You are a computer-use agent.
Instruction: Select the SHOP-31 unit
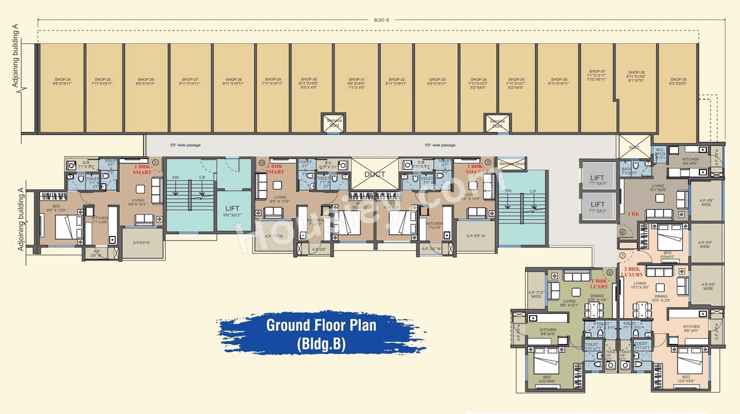pyautogui.click(x=356, y=81)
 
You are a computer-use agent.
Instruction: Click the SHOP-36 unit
pyautogui.click(x=558, y=81)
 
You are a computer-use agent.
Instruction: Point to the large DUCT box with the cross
pyautogui.click(x=374, y=173)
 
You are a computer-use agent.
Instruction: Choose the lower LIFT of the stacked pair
pyautogui.click(x=598, y=206)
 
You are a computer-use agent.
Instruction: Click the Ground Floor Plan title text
pyautogui.click(x=321, y=325)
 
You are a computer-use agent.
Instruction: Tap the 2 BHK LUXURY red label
pyautogui.click(x=634, y=272)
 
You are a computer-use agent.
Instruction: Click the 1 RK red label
pyautogui.click(x=634, y=213)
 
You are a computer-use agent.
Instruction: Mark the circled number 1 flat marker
pyautogui.click(x=155, y=162)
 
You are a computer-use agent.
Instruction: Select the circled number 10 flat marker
pyautogui.click(x=262, y=164)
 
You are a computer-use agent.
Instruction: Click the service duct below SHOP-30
pyautogui.click(x=335, y=123)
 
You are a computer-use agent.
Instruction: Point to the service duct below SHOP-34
pyautogui.click(x=497, y=123)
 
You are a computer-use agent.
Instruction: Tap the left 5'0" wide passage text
pyautogui.click(x=185, y=145)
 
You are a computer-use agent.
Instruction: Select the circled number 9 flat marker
pyautogui.click(x=489, y=162)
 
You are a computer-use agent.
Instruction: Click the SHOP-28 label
pyautogui.click(x=233, y=81)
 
